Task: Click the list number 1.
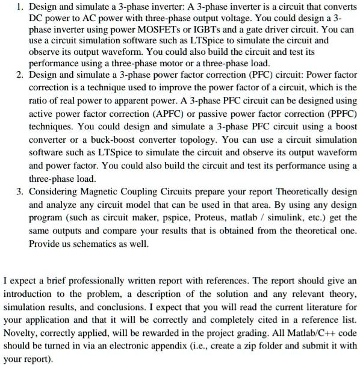coord(20,7)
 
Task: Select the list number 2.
coord(20,75)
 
